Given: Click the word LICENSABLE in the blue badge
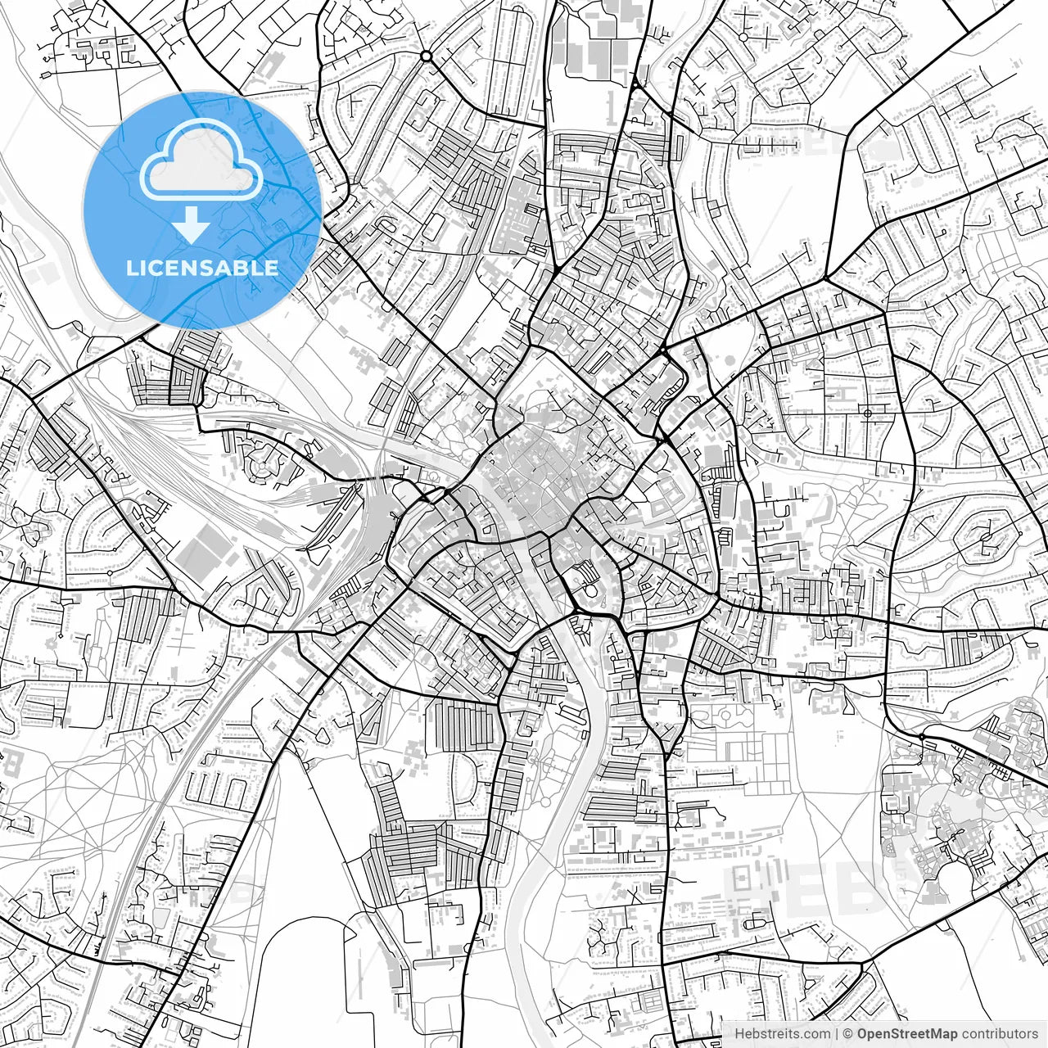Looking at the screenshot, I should [x=202, y=268].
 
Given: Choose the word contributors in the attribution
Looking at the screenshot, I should [x=1000, y=1034].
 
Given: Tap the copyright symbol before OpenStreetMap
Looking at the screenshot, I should [x=848, y=1034].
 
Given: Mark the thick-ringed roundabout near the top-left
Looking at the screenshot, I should [x=426, y=56].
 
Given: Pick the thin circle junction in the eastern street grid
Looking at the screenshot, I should [x=866, y=413].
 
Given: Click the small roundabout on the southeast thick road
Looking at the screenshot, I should [x=922, y=738].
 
